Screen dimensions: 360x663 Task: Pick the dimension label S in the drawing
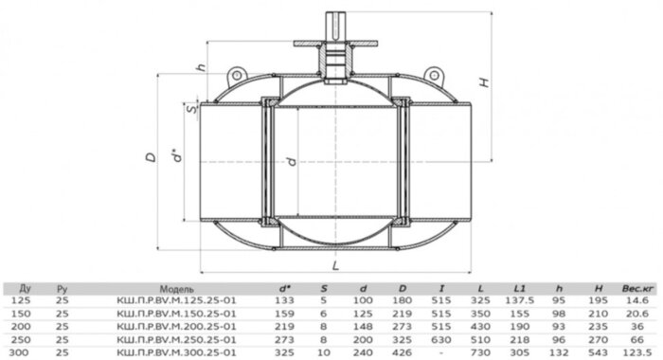pyautogui.click(x=193, y=110)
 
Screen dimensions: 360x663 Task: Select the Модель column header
pyautogui.click(x=178, y=287)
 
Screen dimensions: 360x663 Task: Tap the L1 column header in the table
pyautogui.click(x=519, y=287)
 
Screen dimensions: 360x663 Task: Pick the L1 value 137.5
pyautogui.click(x=519, y=298)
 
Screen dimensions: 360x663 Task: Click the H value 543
pyautogui.click(x=598, y=350)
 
